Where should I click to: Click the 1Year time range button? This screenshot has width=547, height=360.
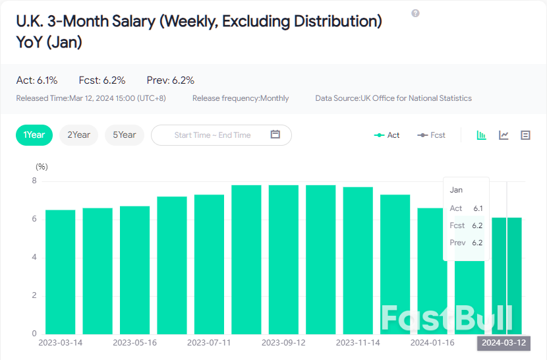pos(34,135)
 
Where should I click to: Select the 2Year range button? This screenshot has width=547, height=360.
pos(78,135)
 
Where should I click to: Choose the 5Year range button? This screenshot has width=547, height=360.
pos(124,135)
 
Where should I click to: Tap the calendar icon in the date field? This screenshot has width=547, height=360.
pos(275,135)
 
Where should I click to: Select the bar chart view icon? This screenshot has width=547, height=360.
pos(482,135)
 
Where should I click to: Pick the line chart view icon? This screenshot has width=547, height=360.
pos(504,135)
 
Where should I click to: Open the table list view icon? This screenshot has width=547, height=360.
pos(525,135)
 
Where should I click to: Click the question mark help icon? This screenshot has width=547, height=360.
pos(415,13)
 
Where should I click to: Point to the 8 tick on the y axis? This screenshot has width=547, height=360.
pos(34,181)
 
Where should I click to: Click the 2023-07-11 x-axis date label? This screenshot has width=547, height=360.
pos(209,343)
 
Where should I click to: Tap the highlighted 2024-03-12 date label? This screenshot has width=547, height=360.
pos(504,343)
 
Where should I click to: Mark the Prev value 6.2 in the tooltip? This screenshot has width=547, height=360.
pos(477,243)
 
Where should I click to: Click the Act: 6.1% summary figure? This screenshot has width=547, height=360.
pos(37,80)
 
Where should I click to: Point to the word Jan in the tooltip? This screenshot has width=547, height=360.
pos(456,190)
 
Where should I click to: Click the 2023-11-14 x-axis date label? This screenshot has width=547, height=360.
pos(358,343)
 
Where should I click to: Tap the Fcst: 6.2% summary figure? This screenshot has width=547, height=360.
pos(102,80)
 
